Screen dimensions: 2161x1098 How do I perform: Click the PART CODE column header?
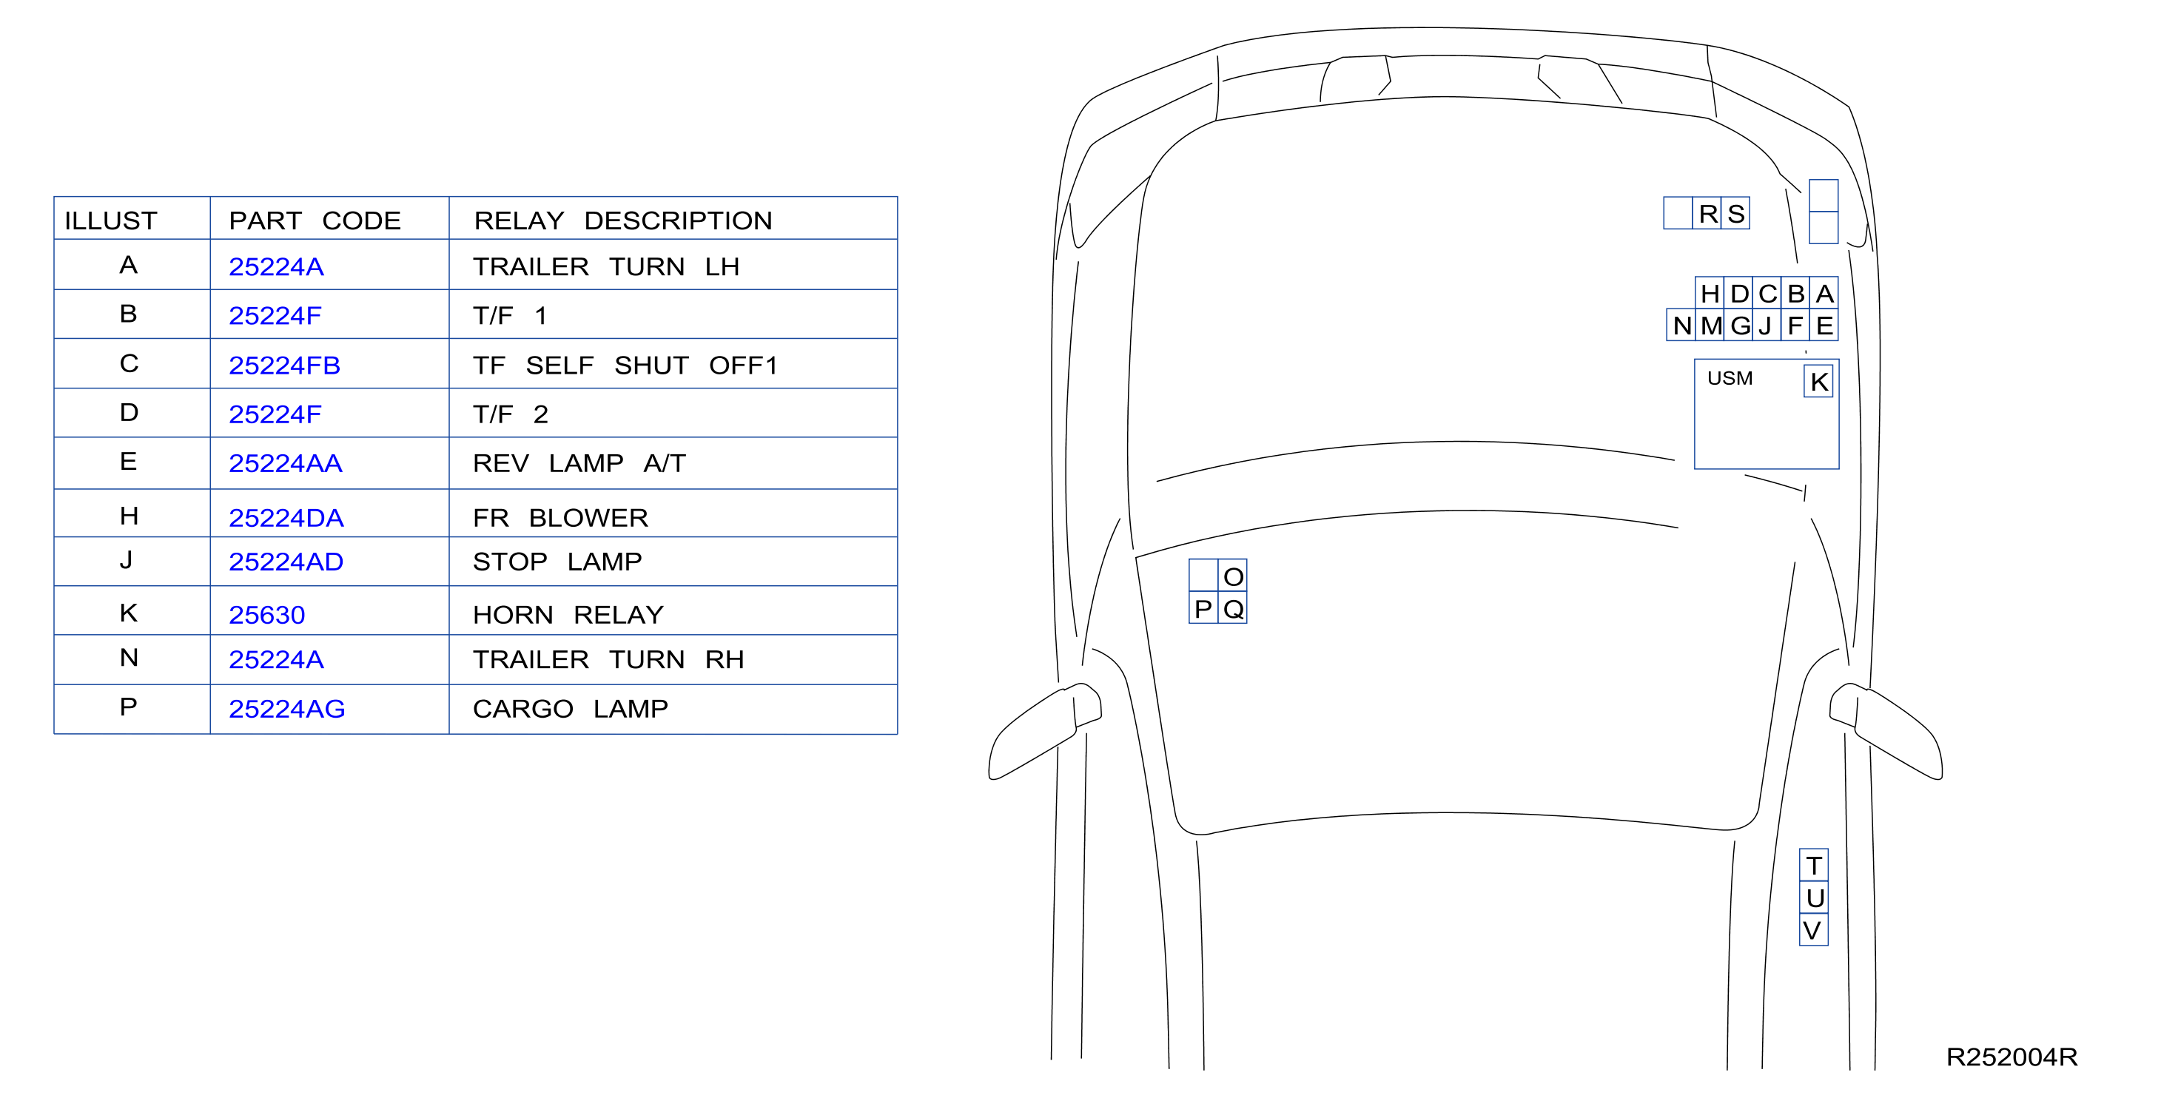click(315, 220)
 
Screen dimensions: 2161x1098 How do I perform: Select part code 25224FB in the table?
click(284, 366)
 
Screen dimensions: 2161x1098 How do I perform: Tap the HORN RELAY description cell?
click(568, 615)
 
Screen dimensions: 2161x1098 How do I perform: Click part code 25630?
click(266, 615)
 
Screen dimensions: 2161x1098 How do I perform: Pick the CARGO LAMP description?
click(571, 709)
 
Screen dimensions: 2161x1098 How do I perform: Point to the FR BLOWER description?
click(560, 517)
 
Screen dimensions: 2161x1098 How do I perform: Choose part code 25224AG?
click(287, 709)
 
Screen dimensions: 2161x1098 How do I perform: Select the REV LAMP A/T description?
click(579, 463)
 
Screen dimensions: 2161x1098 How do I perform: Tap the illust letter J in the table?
click(127, 559)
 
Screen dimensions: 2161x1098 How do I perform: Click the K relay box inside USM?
click(1819, 382)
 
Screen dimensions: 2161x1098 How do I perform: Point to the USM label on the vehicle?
click(1730, 378)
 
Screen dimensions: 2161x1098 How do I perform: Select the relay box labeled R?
click(1708, 213)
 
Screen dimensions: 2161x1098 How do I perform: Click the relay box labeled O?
click(1232, 576)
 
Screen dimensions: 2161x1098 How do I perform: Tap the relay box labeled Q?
click(1232, 608)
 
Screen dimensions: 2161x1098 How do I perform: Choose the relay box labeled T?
click(1814, 865)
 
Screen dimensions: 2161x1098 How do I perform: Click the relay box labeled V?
click(1814, 929)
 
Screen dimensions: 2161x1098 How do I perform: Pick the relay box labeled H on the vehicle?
click(1710, 294)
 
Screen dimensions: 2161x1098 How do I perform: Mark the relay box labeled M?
click(1710, 326)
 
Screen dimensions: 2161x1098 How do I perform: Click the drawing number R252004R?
click(2012, 1057)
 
